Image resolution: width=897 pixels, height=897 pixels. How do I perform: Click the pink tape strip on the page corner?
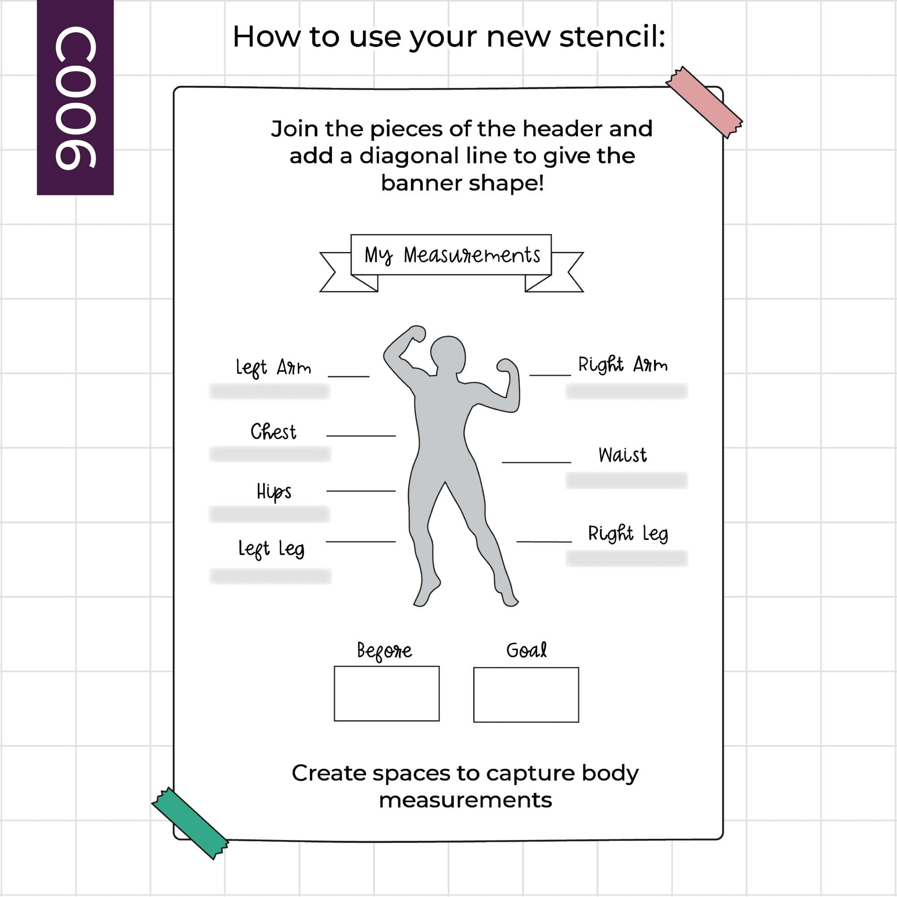[x=704, y=102]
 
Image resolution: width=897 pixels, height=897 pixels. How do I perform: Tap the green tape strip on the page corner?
[x=190, y=823]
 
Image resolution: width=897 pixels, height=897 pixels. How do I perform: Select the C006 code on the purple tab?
[x=76, y=98]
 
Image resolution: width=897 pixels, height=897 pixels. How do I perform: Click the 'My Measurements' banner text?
[x=452, y=255]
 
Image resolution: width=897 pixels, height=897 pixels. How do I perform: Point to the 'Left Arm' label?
[x=273, y=368]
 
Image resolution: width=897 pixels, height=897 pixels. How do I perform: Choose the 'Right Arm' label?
[x=623, y=365]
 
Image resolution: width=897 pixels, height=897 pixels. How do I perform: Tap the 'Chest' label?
[x=273, y=432]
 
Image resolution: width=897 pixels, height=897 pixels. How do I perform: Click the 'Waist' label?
[x=623, y=455]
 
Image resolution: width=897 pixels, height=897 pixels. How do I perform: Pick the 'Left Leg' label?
[x=271, y=549]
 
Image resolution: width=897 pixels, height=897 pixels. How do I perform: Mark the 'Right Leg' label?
[x=628, y=534]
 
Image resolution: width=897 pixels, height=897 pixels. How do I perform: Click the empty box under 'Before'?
[x=387, y=694]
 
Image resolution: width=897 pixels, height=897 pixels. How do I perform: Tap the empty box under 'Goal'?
[x=526, y=695]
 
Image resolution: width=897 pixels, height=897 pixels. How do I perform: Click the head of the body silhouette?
[x=448, y=354]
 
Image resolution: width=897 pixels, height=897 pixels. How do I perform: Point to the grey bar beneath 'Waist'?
[x=626, y=480]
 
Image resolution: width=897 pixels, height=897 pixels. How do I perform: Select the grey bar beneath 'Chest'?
[x=270, y=454]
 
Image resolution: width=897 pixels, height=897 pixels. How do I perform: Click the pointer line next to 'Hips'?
[x=361, y=491]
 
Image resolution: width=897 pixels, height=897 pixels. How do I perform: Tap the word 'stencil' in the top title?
[x=612, y=37]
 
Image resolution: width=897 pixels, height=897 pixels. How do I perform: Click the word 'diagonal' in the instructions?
[x=409, y=157]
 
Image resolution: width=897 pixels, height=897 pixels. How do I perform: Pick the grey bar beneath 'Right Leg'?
[x=626, y=558]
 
